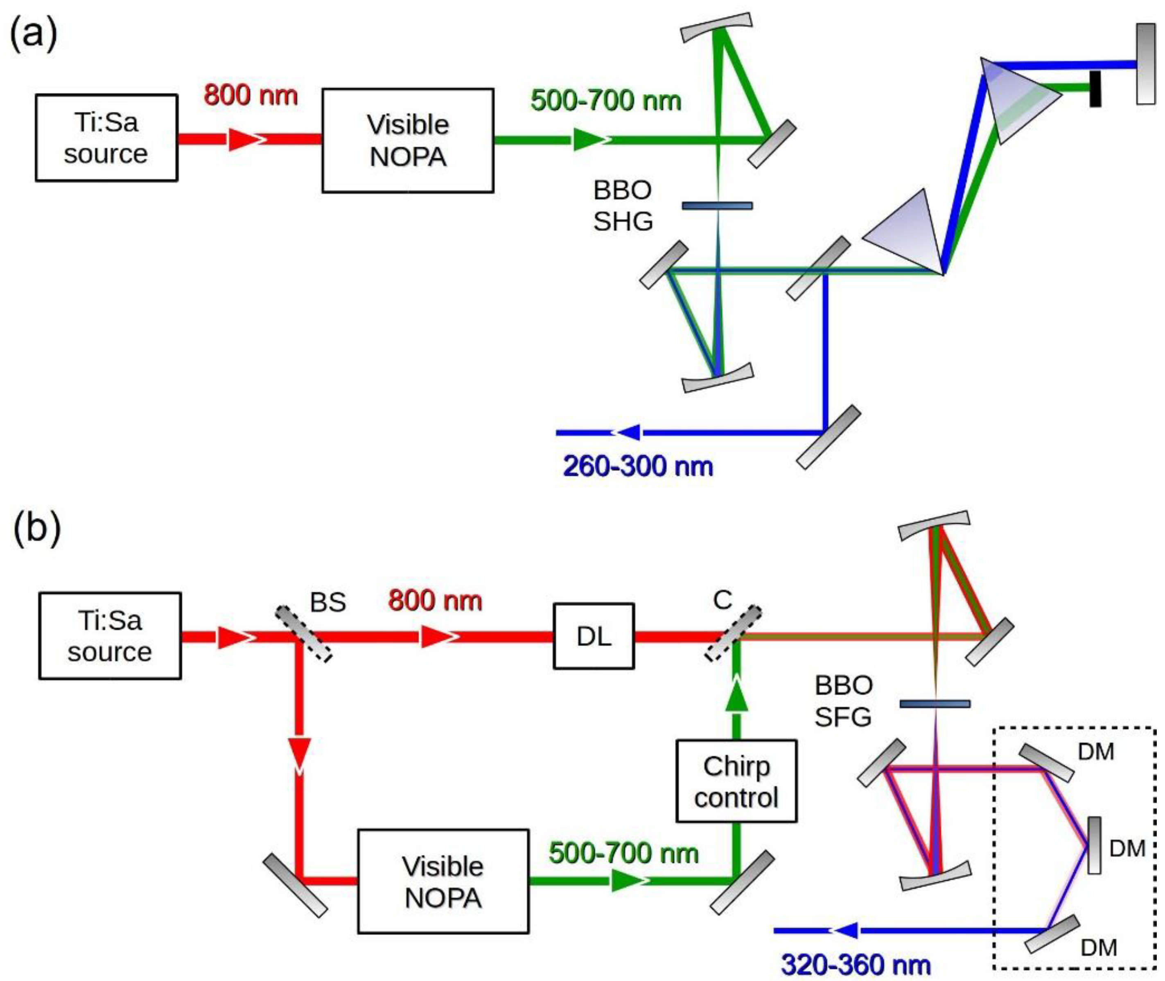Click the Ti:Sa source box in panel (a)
coord(106,137)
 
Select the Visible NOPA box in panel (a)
coord(408,140)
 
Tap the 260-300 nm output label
coord(637,466)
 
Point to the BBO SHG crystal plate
coord(717,206)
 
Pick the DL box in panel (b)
coord(593,636)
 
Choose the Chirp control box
coord(736,781)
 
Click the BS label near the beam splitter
coord(327,602)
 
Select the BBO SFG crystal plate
coord(935,704)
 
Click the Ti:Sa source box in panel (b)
coord(110,636)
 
